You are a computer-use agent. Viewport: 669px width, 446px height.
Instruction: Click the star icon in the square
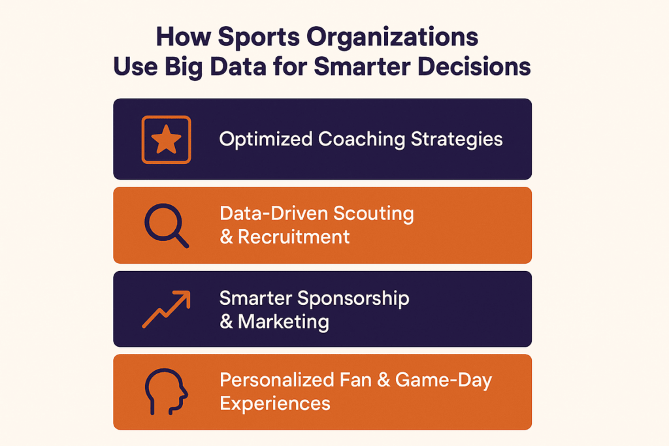(x=166, y=139)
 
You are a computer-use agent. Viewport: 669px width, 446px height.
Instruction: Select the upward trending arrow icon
(x=166, y=309)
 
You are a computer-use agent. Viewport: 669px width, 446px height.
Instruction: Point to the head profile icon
(x=165, y=392)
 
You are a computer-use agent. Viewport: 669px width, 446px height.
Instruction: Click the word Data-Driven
(x=274, y=214)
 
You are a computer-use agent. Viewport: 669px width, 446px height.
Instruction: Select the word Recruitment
(x=294, y=236)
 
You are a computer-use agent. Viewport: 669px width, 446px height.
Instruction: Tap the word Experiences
(x=274, y=403)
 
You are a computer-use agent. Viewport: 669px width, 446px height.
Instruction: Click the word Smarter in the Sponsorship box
(x=255, y=298)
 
